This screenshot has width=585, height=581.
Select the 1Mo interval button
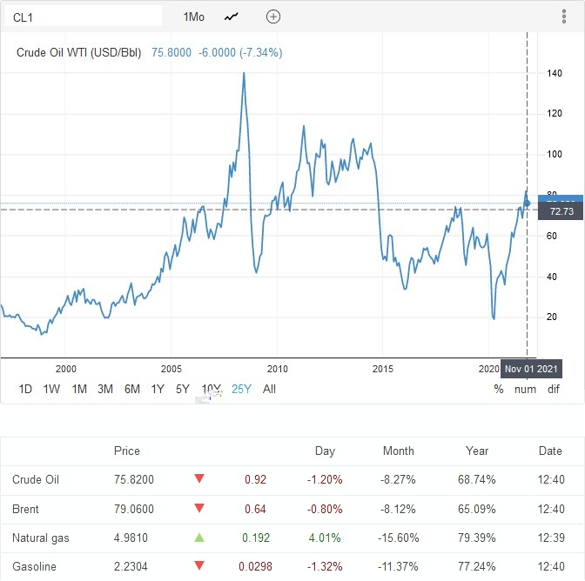click(194, 17)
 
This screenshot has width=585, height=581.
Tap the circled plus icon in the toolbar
click(273, 17)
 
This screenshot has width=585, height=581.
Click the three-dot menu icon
click(564, 17)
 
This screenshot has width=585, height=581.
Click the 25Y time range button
click(240, 389)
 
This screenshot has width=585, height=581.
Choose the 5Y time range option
click(182, 389)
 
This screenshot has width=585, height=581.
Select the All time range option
click(269, 389)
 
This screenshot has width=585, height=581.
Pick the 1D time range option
click(26, 389)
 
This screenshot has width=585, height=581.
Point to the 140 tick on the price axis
click(554, 73)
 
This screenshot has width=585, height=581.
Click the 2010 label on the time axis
click(277, 369)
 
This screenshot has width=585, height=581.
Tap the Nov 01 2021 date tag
click(532, 369)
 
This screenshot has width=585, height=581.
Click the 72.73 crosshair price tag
click(561, 211)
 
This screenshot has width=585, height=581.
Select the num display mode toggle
click(525, 389)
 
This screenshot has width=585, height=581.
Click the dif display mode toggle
click(554, 389)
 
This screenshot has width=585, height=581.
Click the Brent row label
click(26, 509)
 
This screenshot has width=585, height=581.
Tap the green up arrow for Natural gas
click(199, 538)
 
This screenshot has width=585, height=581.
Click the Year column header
click(477, 451)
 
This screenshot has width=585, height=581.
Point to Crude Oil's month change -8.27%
click(399, 479)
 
